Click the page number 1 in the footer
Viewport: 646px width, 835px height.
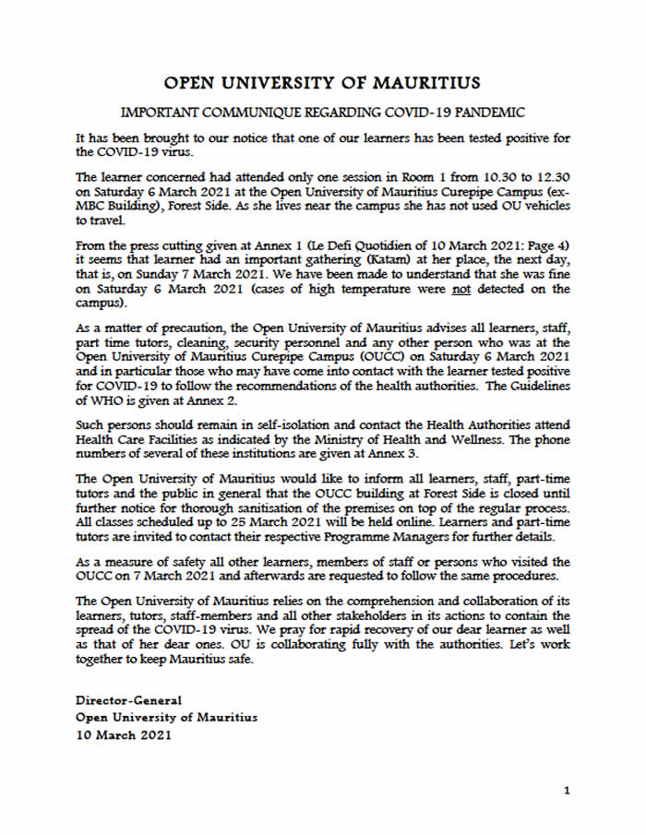568,791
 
